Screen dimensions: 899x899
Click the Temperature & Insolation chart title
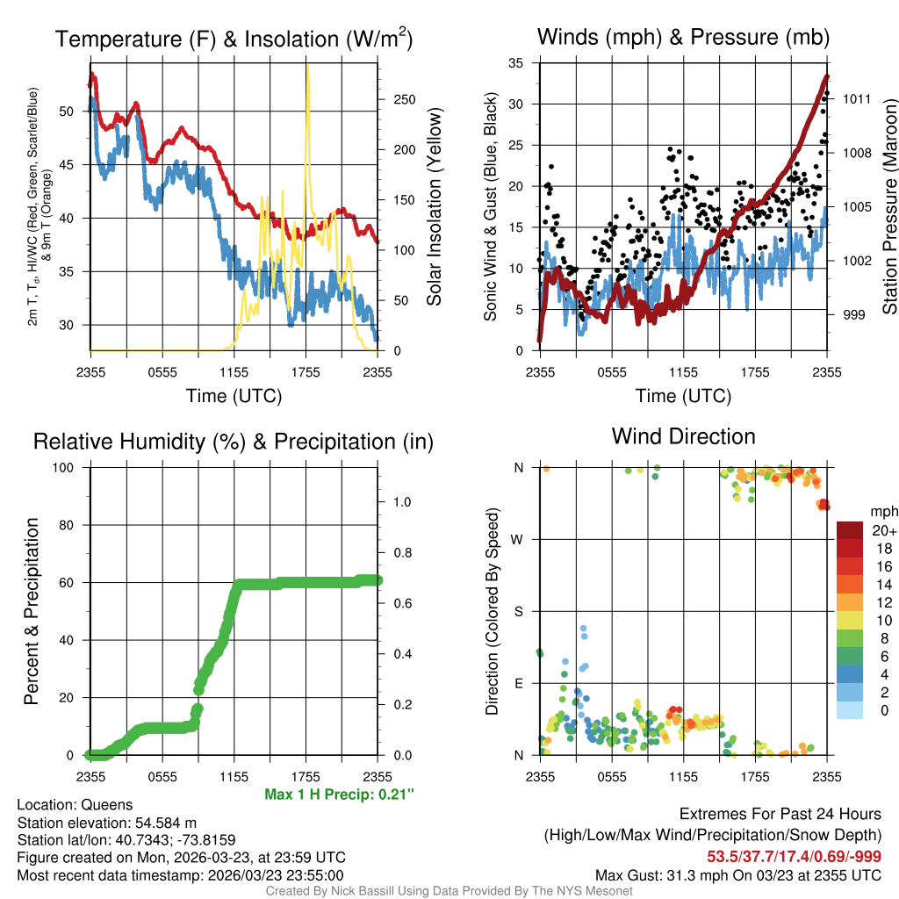(x=234, y=39)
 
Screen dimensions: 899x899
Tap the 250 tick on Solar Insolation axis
(x=403, y=99)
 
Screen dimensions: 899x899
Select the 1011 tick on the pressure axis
(x=856, y=98)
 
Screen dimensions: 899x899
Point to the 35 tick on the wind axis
(x=516, y=62)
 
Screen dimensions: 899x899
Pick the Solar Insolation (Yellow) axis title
(x=435, y=206)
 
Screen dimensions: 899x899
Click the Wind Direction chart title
(x=683, y=436)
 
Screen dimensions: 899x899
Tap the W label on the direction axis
(x=519, y=539)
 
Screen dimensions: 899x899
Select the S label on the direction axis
(x=519, y=611)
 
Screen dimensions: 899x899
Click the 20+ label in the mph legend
(x=884, y=531)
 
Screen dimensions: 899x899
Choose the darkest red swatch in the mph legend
(x=850, y=531)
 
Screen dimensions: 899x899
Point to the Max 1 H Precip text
(x=339, y=795)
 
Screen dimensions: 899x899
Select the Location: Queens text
(x=75, y=805)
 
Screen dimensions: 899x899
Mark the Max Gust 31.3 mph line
(x=737, y=874)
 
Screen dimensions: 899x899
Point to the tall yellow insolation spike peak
(x=307, y=67)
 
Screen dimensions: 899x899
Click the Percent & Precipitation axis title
(x=32, y=611)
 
